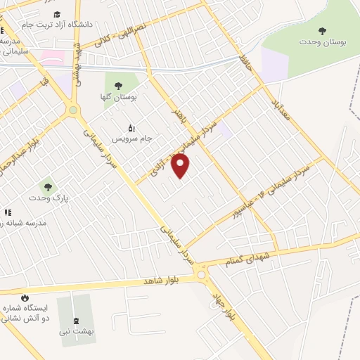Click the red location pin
coord(181,166)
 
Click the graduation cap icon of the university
coord(57,14)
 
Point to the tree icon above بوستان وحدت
coord(323,30)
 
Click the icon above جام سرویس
coord(131,127)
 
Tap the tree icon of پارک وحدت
coord(48,187)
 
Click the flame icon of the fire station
coord(26,297)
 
